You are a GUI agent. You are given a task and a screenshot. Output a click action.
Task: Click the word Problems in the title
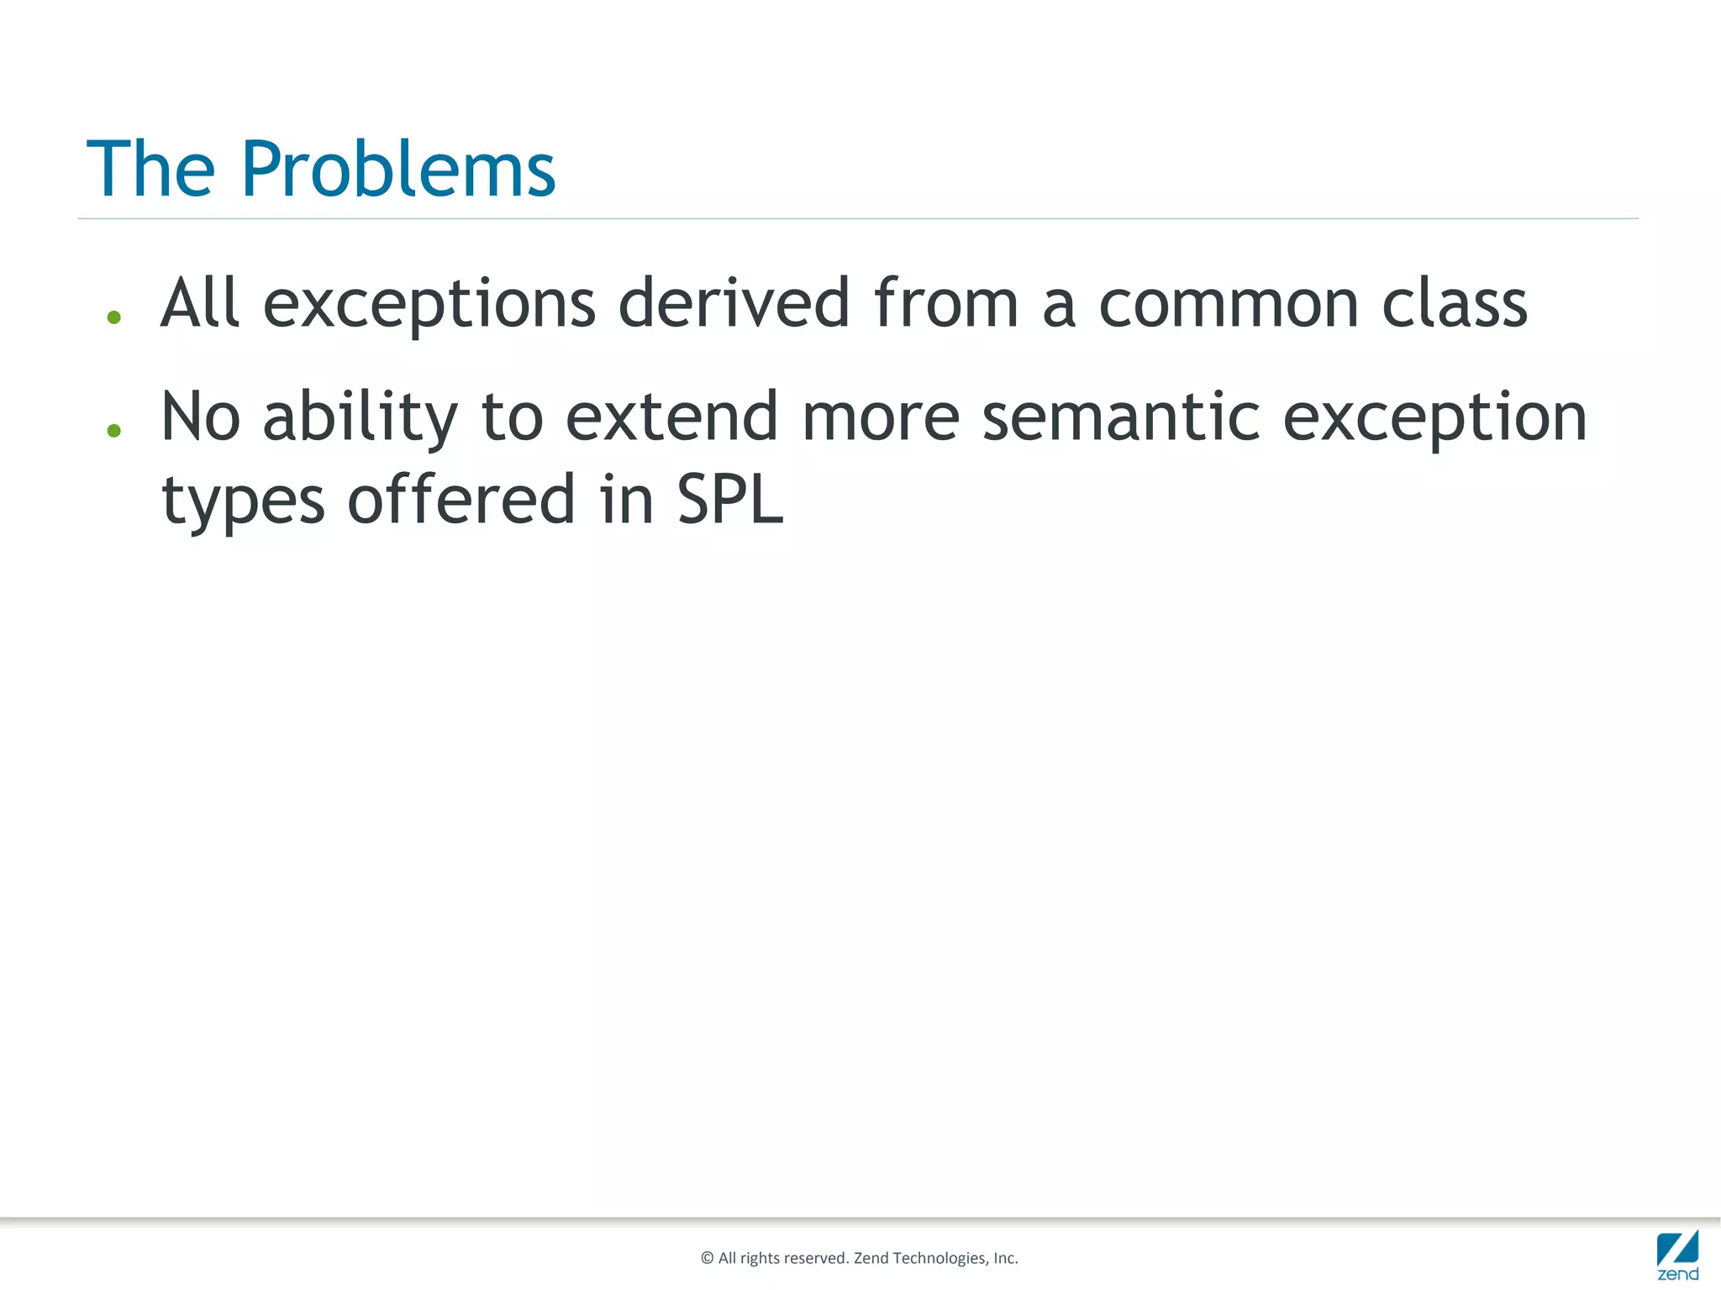click(x=398, y=170)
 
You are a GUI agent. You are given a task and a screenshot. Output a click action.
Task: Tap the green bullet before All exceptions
click(x=114, y=317)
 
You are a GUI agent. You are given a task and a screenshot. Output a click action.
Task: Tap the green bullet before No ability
click(x=114, y=431)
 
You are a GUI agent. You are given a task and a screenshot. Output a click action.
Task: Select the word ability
click(x=361, y=417)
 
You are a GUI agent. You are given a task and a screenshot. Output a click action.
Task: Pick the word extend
click(x=671, y=417)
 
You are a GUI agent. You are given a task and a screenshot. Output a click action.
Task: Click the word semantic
click(x=1121, y=417)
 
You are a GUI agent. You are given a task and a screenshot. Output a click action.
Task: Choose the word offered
click(x=461, y=500)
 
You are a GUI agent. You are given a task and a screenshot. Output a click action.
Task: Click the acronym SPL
click(x=729, y=500)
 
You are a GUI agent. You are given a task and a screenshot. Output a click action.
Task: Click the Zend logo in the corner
click(x=1677, y=1255)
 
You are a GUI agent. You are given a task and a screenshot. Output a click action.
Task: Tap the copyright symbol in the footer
click(x=707, y=1258)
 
